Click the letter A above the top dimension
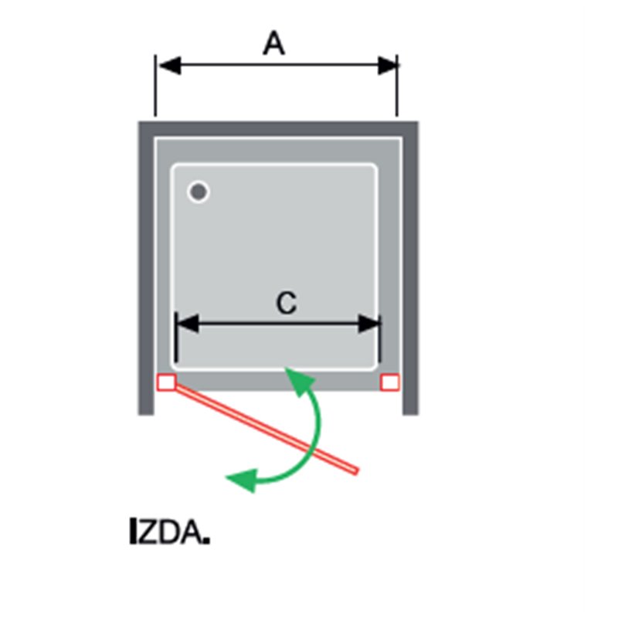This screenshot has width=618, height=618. click(274, 43)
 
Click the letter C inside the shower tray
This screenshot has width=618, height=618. click(287, 303)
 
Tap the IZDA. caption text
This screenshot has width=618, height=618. click(169, 531)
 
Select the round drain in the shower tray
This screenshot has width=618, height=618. click(199, 192)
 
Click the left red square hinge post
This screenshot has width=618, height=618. click(166, 382)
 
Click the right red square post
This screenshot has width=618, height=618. click(390, 382)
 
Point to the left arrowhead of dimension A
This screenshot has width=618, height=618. click(168, 66)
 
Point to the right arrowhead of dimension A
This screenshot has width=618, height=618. click(388, 66)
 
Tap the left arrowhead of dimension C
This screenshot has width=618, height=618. click(187, 324)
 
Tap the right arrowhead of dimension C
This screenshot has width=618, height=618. click(369, 324)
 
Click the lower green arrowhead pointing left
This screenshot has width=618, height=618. click(241, 480)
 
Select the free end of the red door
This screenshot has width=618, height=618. click(356, 470)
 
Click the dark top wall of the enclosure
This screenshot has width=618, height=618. click(278, 129)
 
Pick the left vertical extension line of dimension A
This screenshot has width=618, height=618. click(156, 86)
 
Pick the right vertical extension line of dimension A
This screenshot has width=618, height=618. click(397, 86)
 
